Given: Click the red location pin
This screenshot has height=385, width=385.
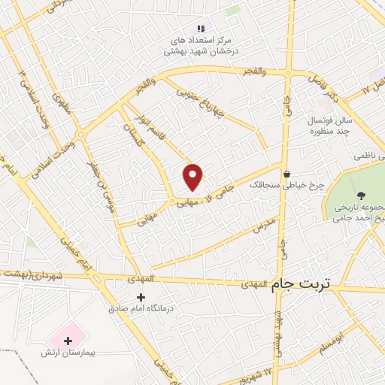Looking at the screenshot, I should point(193,176).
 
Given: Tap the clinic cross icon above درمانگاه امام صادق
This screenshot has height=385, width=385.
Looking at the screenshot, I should point(141,297).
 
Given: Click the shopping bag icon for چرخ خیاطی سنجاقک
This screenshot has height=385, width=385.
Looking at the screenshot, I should point(286,174).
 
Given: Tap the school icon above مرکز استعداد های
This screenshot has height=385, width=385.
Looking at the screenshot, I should point(201,29).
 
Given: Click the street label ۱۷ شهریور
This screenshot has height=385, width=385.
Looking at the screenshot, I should point(277,368).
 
